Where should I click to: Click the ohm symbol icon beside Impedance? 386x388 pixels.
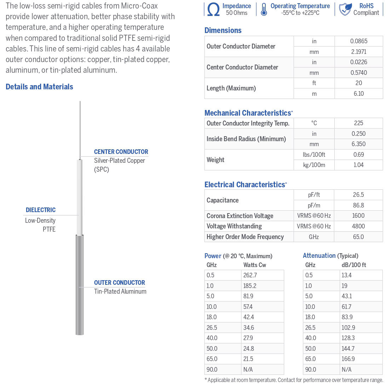click(x=213, y=10)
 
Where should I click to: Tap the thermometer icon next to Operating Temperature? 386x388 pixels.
click(x=264, y=10)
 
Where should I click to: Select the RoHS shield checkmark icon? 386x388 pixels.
click(x=345, y=10)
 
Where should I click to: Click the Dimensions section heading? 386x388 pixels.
click(x=223, y=31)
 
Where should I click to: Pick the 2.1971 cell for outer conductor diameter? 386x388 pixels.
click(x=358, y=52)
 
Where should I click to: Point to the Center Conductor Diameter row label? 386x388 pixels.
click(x=242, y=67)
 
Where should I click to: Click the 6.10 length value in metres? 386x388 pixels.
click(x=358, y=94)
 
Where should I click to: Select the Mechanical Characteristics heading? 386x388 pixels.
click(x=248, y=113)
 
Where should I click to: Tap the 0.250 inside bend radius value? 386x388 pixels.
click(x=358, y=134)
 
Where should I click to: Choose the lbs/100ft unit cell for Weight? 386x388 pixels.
click(x=314, y=155)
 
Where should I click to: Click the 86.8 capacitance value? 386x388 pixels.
click(x=358, y=205)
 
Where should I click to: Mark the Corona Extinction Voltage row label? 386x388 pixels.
click(x=240, y=216)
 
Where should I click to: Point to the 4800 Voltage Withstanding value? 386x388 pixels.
click(x=358, y=226)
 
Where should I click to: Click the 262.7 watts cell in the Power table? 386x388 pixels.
click(x=250, y=275)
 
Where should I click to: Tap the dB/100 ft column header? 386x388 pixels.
click(x=353, y=265)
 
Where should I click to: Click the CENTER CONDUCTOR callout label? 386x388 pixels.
click(x=121, y=152)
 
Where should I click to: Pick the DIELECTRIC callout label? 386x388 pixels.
click(x=41, y=210)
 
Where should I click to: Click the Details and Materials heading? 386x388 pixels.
click(x=39, y=87)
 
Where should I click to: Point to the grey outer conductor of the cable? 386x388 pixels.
click(x=80, y=284)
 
